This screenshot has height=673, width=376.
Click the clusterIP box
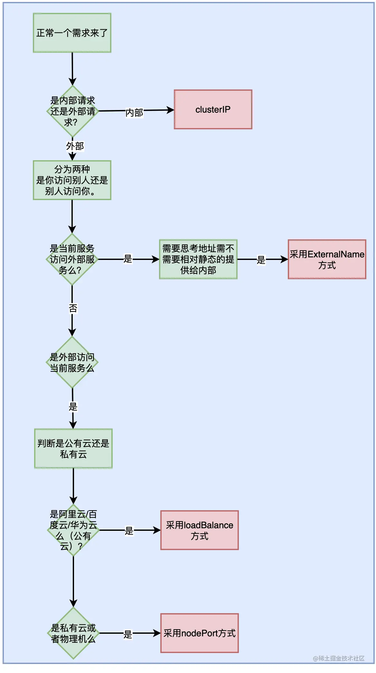(x=213, y=109)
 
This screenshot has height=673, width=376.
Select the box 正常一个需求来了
(x=72, y=33)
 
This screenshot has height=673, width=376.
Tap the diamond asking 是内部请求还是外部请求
(x=72, y=111)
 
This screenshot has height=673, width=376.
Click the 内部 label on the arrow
(x=134, y=113)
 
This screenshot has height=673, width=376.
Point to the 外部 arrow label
(x=75, y=146)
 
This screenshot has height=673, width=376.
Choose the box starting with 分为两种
(x=72, y=180)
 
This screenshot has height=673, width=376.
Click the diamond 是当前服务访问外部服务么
(x=72, y=259)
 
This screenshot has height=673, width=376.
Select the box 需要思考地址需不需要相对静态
(x=198, y=259)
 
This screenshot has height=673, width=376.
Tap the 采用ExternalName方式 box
(x=327, y=259)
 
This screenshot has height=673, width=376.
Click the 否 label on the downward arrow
(x=73, y=309)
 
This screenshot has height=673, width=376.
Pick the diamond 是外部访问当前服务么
(x=72, y=362)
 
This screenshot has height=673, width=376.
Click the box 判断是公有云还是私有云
(x=73, y=448)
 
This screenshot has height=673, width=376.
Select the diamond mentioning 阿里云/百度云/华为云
(x=73, y=530)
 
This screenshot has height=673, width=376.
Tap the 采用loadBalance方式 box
(x=199, y=530)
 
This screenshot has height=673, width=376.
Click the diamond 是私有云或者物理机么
(x=73, y=633)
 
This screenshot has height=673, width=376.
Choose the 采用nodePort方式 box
(x=199, y=633)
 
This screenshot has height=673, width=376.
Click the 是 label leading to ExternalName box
(x=261, y=260)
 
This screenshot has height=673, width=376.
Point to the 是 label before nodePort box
(x=128, y=634)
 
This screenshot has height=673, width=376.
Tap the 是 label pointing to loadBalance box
(x=129, y=531)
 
